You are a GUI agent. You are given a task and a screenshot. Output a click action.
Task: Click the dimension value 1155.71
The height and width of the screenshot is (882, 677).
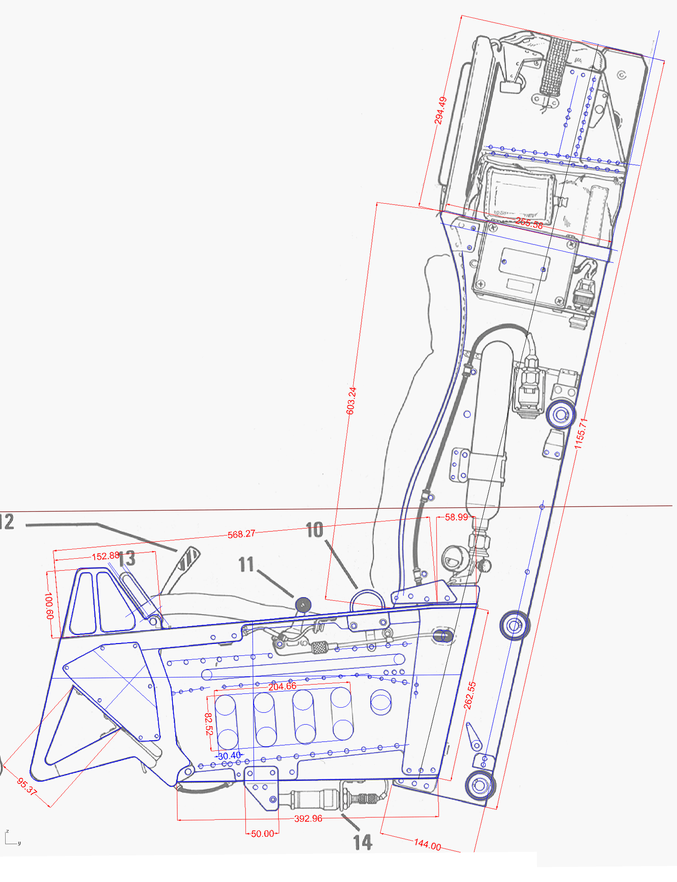pyautogui.click(x=581, y=433)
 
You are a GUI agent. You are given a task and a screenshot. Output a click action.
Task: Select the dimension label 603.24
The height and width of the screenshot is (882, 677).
pyautogui.click(x=351, y=401)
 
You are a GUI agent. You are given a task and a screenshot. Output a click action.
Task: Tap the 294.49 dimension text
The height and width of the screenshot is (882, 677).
pyautogui.click(x=441, y=110)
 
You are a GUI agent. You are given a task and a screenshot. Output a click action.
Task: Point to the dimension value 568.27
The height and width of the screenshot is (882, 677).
pyautogui.click(x=242, y=534)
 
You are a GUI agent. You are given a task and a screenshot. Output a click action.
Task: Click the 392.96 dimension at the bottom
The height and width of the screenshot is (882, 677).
pyautogui.click(x=308, y=818)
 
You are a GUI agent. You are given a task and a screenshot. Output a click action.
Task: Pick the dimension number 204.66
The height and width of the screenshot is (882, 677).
pyautogui.click(x=282, y=686)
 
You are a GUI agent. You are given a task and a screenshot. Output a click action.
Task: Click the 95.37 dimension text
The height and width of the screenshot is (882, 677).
pyautogui.click(x=27, y=787)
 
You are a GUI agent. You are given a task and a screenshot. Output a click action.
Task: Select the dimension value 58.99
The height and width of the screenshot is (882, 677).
pyautogui.click(x=456, y=517)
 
